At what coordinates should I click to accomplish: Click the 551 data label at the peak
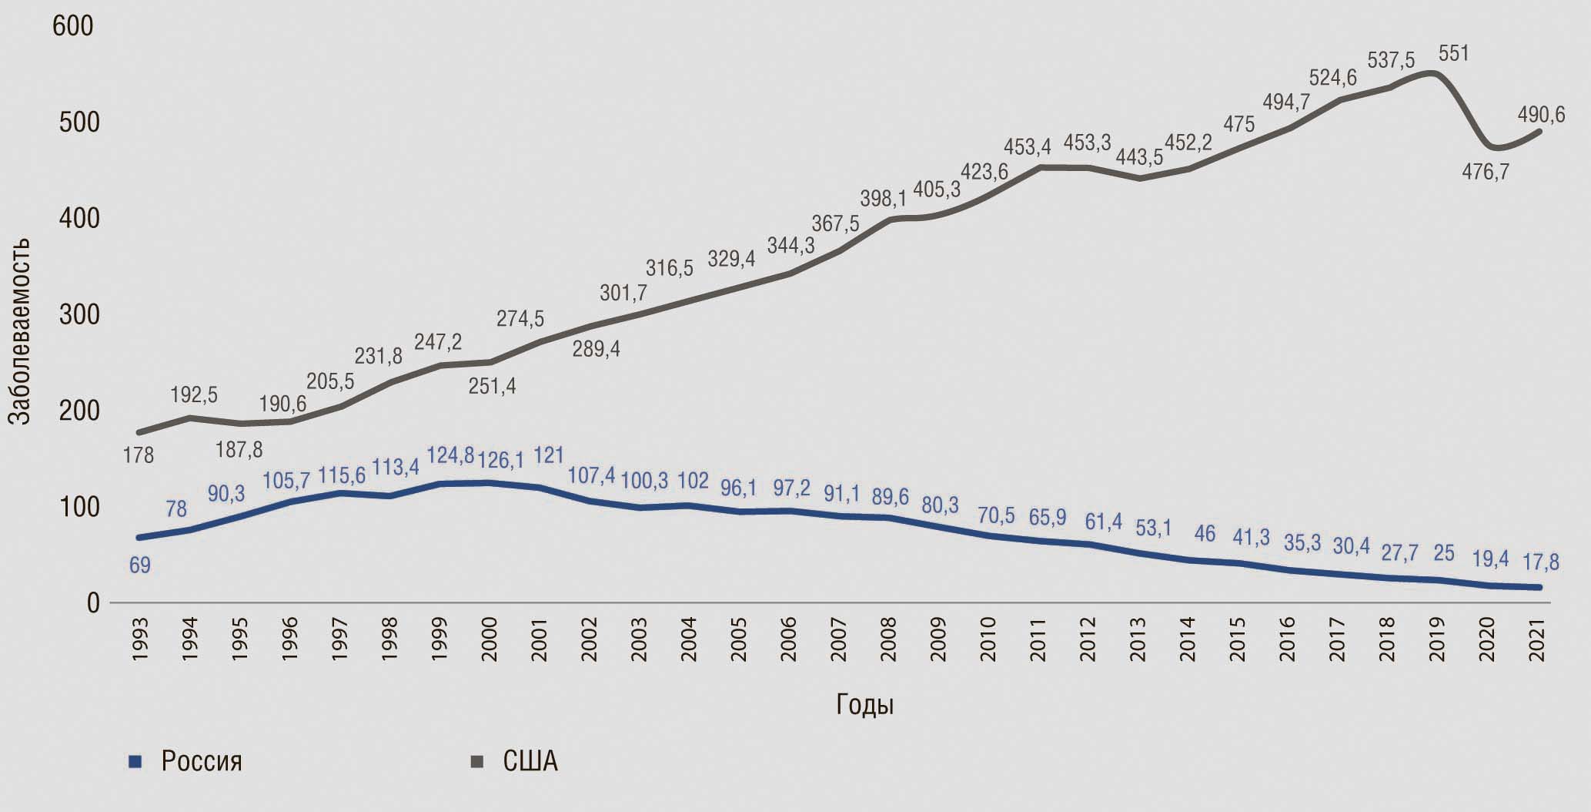[x=1454, y=54]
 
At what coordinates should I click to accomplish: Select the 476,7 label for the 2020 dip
[x=1486, y=172]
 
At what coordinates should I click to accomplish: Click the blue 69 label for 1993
[x=139, y=565]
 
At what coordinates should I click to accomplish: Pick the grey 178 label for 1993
[x=139, y=455]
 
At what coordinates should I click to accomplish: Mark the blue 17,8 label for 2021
[x=1539, y=562]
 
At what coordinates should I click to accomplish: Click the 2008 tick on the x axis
[x=889, y=640]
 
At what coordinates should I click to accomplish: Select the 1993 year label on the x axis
[x=140, y=640]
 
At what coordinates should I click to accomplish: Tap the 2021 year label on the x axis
[x=1538, y=640]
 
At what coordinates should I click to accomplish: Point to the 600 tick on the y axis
[x=72, y=26]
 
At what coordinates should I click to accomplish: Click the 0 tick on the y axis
[x=93, y=602]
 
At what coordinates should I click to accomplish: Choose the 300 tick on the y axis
[x=79, y=315]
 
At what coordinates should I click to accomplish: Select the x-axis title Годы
[x=864, y=705]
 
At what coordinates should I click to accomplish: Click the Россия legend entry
[x=201, y=762]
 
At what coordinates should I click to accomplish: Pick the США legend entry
[x=530, y=762]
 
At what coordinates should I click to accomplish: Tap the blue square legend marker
[x=135, y=762]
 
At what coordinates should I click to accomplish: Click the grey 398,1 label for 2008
[x=883, y=200]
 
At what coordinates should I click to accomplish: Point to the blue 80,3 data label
[x=940, y=504]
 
